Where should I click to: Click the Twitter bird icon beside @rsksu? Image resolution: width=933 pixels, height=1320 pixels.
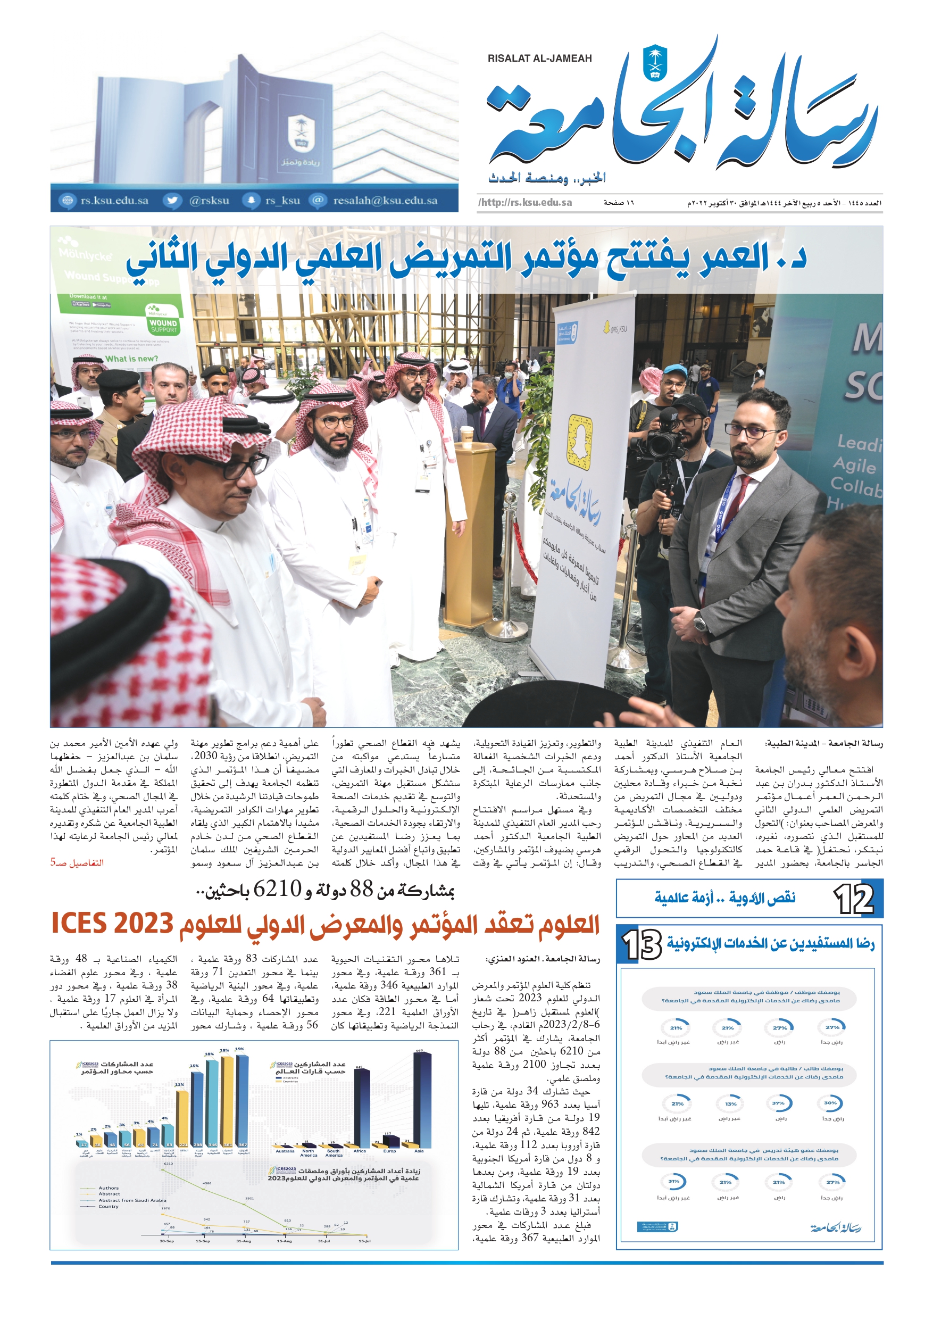171,201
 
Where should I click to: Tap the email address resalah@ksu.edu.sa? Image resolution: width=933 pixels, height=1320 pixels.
385,201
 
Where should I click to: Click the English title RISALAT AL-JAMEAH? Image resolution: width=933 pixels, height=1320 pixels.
539,59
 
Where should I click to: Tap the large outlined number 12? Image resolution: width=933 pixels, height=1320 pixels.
854,899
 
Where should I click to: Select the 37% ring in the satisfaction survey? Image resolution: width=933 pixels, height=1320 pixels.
779,1103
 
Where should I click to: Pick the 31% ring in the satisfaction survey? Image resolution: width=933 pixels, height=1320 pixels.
674,1182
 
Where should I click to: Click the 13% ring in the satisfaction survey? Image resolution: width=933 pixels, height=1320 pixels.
730,1104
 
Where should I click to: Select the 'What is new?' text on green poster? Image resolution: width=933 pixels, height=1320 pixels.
131,359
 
